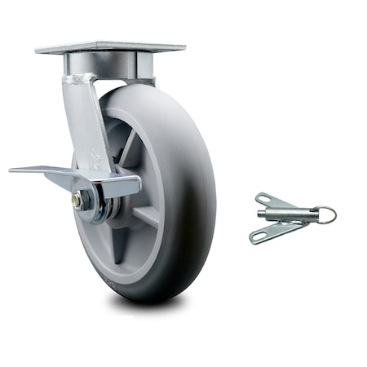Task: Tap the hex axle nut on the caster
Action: click(77, 198)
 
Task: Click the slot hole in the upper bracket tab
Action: click(264, 198)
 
